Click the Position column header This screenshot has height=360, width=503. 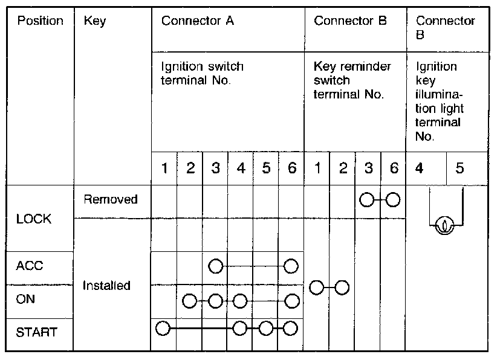tap(40, 21)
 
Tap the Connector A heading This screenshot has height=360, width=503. tap(197, 21)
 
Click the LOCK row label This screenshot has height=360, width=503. tap(34, 219)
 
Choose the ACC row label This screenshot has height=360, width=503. tap(30, 266)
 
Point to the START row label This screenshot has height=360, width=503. tap(37, 332)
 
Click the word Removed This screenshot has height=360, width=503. tap(111, 199)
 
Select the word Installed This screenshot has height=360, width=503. tap(107, 285)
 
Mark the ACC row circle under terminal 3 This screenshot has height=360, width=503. tap(215, 266)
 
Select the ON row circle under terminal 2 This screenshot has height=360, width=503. tap(189, 300)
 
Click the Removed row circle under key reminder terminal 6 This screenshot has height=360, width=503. tap(393, 199)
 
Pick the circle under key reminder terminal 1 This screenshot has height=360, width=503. tap(316, 288)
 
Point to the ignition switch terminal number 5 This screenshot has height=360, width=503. tap(265, 168)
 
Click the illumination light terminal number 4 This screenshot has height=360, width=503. tap(419, 168)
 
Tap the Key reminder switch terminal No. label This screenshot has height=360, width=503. tap(352, 80)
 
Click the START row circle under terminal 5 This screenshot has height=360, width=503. tap(265, 329)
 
